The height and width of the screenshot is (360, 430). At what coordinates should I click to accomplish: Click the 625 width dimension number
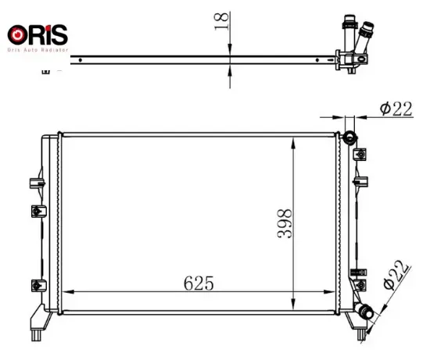click(x=199, y=283)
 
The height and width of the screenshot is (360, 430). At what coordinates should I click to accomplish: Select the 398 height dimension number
click(x=285, y=224)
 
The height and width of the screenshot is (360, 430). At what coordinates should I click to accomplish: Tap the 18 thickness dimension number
click(x=221, y=21)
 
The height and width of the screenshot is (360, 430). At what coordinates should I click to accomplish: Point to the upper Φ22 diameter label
click(x=396, y=109)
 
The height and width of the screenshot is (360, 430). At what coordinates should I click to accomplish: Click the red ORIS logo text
click(x=38, y=35)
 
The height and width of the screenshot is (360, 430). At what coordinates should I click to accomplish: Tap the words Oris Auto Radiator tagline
click(x=38, y=50)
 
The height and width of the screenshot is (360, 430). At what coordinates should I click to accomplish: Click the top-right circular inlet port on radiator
click(x=349, y=137)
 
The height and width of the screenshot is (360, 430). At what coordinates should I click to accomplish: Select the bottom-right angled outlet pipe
click(x=364, y=310)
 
